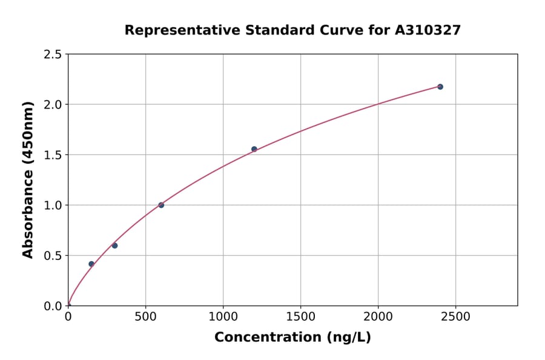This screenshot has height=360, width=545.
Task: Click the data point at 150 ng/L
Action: (x=91, y=264)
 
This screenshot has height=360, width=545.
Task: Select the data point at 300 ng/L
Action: (x=114, y=245)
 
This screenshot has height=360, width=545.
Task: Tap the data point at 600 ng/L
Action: (x=161, y=205)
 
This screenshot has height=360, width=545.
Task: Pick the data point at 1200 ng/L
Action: (x=254, y=149)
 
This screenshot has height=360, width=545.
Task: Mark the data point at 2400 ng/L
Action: (x=440, y=87)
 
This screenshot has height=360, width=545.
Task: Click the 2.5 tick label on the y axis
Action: (x=52, y=55)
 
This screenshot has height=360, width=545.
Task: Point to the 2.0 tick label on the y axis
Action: (x=52, y=105)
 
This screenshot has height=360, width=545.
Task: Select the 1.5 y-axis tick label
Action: (x=52, y=155)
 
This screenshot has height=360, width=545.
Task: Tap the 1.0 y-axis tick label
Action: (x=52, y=205)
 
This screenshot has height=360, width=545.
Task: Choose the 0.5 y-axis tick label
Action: (x=52, y=256)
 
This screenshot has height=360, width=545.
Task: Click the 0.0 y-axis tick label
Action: (x=52, y=306)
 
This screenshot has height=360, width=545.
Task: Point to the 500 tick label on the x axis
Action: (x=145, y=317)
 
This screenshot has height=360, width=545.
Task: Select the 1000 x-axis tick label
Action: (x=223, y=317)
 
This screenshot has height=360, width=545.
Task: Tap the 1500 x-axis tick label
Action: (x=300, y=317)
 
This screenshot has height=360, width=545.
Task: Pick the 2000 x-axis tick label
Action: (x=378, y=317)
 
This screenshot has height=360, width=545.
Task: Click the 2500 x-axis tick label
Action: (x=455, y=317)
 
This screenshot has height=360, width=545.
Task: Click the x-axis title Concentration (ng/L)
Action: (x=292, y=338)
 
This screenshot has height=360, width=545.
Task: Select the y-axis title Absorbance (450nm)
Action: (x=28, y=179)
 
